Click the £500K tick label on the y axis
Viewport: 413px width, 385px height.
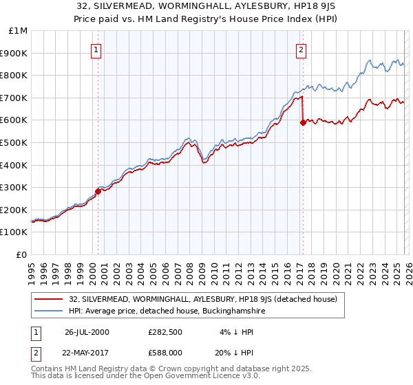click(x=14, y=142)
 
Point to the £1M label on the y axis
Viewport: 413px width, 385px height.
click(x=18, y=30)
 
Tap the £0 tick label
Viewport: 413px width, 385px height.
click(x=22, y=254)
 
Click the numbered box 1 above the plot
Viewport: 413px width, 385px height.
click(x=97, y=49)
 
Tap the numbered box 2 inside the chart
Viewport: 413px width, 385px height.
click(x=301, y=49)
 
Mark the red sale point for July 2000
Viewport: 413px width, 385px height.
click(x=98, y=191)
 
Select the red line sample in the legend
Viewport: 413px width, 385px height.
click(x=50, y=299)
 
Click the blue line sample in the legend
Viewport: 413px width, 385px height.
click(x=50, y=311)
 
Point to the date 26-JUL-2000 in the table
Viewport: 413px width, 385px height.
click(x=87, y=332)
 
